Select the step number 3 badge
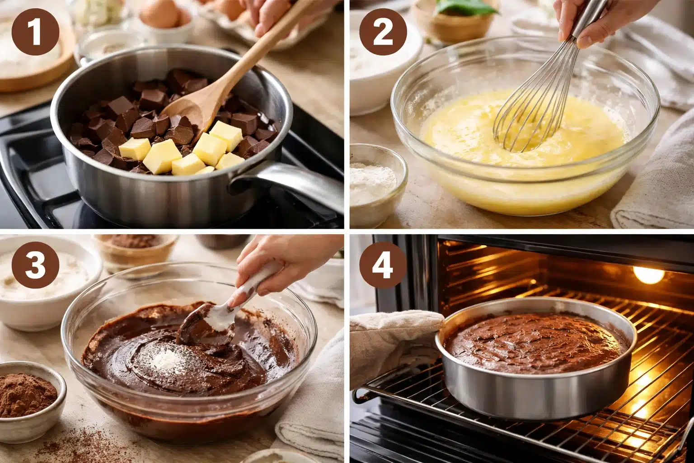35,265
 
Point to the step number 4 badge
383,265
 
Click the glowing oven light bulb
647,274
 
